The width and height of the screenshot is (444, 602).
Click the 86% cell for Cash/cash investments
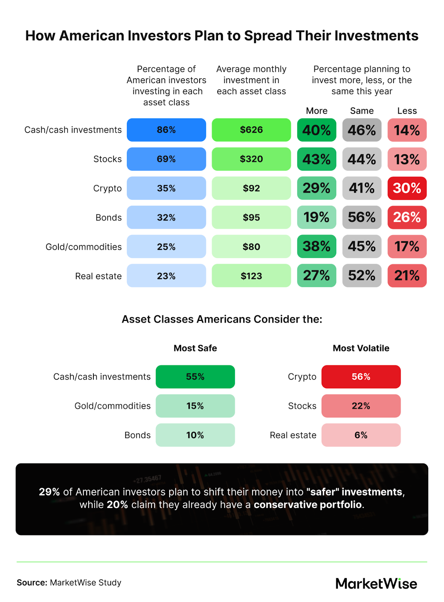pyautogui.click(x=166, y=130)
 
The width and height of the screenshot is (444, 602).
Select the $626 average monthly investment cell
pyautogui.click(x=251, y=130)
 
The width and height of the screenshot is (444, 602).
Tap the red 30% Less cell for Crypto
pyautogui.click(x=407, y=188)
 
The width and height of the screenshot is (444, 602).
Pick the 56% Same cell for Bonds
pyautogui.click(x=362, y=217)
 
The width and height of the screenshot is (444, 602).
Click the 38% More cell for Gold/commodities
pyautogui.click(x=316, y=246)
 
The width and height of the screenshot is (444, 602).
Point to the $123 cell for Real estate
pyautogui.click(x=251, y=276)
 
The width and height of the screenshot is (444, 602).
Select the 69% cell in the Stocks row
pyautogui.click(x=166, y=159)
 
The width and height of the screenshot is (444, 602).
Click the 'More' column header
pyautogui.click(x=316, y=111)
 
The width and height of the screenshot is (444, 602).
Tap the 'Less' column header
pyautogui.click(x=407, y=111)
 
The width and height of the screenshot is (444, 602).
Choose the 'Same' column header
pyautogui.click(x=362, y=111)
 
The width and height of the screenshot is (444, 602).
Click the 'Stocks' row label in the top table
pyautogui.click(x=107, y=159)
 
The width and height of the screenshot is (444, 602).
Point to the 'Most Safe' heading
pyautogui.click(x=195, y=348)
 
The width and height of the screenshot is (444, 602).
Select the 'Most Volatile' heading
pyautogui.click(x=361, y=348)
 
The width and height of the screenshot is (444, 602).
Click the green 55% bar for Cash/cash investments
pyautogui.click(x=195, y=377)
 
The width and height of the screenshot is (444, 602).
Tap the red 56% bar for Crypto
pyautogui.click(x=361, y=377)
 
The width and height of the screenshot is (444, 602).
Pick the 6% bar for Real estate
pyautogui.click(x=361, y=435)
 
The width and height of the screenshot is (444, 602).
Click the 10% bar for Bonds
pyautogui.click(x=195, y=435)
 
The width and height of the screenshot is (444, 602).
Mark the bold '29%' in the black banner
pyautogui.click(x=49, y=492)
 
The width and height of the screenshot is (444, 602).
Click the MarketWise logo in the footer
pyautogui.click(x=376, y=583)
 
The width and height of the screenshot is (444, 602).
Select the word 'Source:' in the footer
pyautogui.click(x=32, y=582)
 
